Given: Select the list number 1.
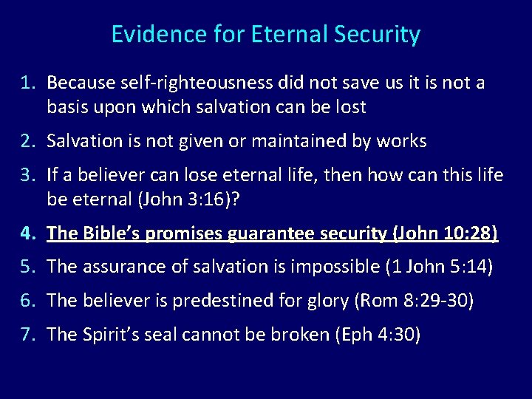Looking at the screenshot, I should coord(27,83).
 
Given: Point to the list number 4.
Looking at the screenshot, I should coord(27,234).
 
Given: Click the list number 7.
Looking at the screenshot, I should coord(27,335).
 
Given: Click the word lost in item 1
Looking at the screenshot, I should coord(350,107).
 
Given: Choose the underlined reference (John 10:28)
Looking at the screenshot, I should coord(446,234).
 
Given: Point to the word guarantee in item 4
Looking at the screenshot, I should coord(272,234).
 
